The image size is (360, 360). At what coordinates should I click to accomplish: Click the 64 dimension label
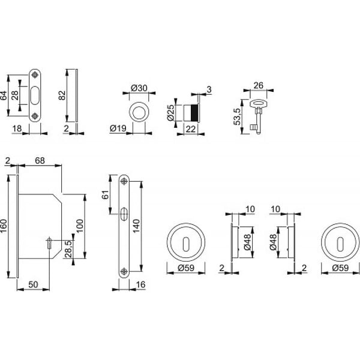(x=4, y=95)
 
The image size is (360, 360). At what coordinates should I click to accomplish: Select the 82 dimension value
(x=62, y=95)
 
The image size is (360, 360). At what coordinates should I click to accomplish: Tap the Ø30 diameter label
(x=139, y=88)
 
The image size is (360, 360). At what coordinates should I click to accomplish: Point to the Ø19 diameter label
(x=118, y=128)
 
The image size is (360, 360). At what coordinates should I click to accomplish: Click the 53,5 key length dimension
(x=237, y=116)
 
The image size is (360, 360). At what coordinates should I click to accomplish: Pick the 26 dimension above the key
(x=258, y=85)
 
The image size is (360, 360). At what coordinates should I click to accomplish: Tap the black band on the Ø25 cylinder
(x=194, y=113)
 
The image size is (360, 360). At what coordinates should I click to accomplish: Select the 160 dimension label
(x=4, y=226)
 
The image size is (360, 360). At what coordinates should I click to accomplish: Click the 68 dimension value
(x=40, y=161)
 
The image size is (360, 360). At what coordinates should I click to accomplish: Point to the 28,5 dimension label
(x=68, y=249)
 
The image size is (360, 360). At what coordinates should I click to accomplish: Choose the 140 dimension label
(x=136, y=226)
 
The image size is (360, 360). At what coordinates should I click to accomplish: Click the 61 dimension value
(x=105, y=194)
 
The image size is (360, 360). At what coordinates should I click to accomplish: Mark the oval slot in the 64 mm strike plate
(x=35, y=95)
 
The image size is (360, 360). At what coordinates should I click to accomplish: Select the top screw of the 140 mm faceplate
(x=124, y=182)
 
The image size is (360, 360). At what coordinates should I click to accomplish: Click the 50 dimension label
(x=33, y=284)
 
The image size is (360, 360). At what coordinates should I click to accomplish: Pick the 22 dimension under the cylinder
(x=191, y=129)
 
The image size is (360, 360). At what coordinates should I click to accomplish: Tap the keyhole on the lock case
(x=49, y=244)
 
